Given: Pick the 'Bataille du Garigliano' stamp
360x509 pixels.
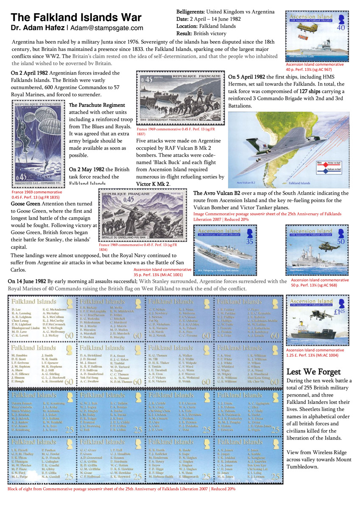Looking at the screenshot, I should click(141, 215).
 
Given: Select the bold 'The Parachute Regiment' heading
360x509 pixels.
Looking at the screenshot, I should click(97, 105).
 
